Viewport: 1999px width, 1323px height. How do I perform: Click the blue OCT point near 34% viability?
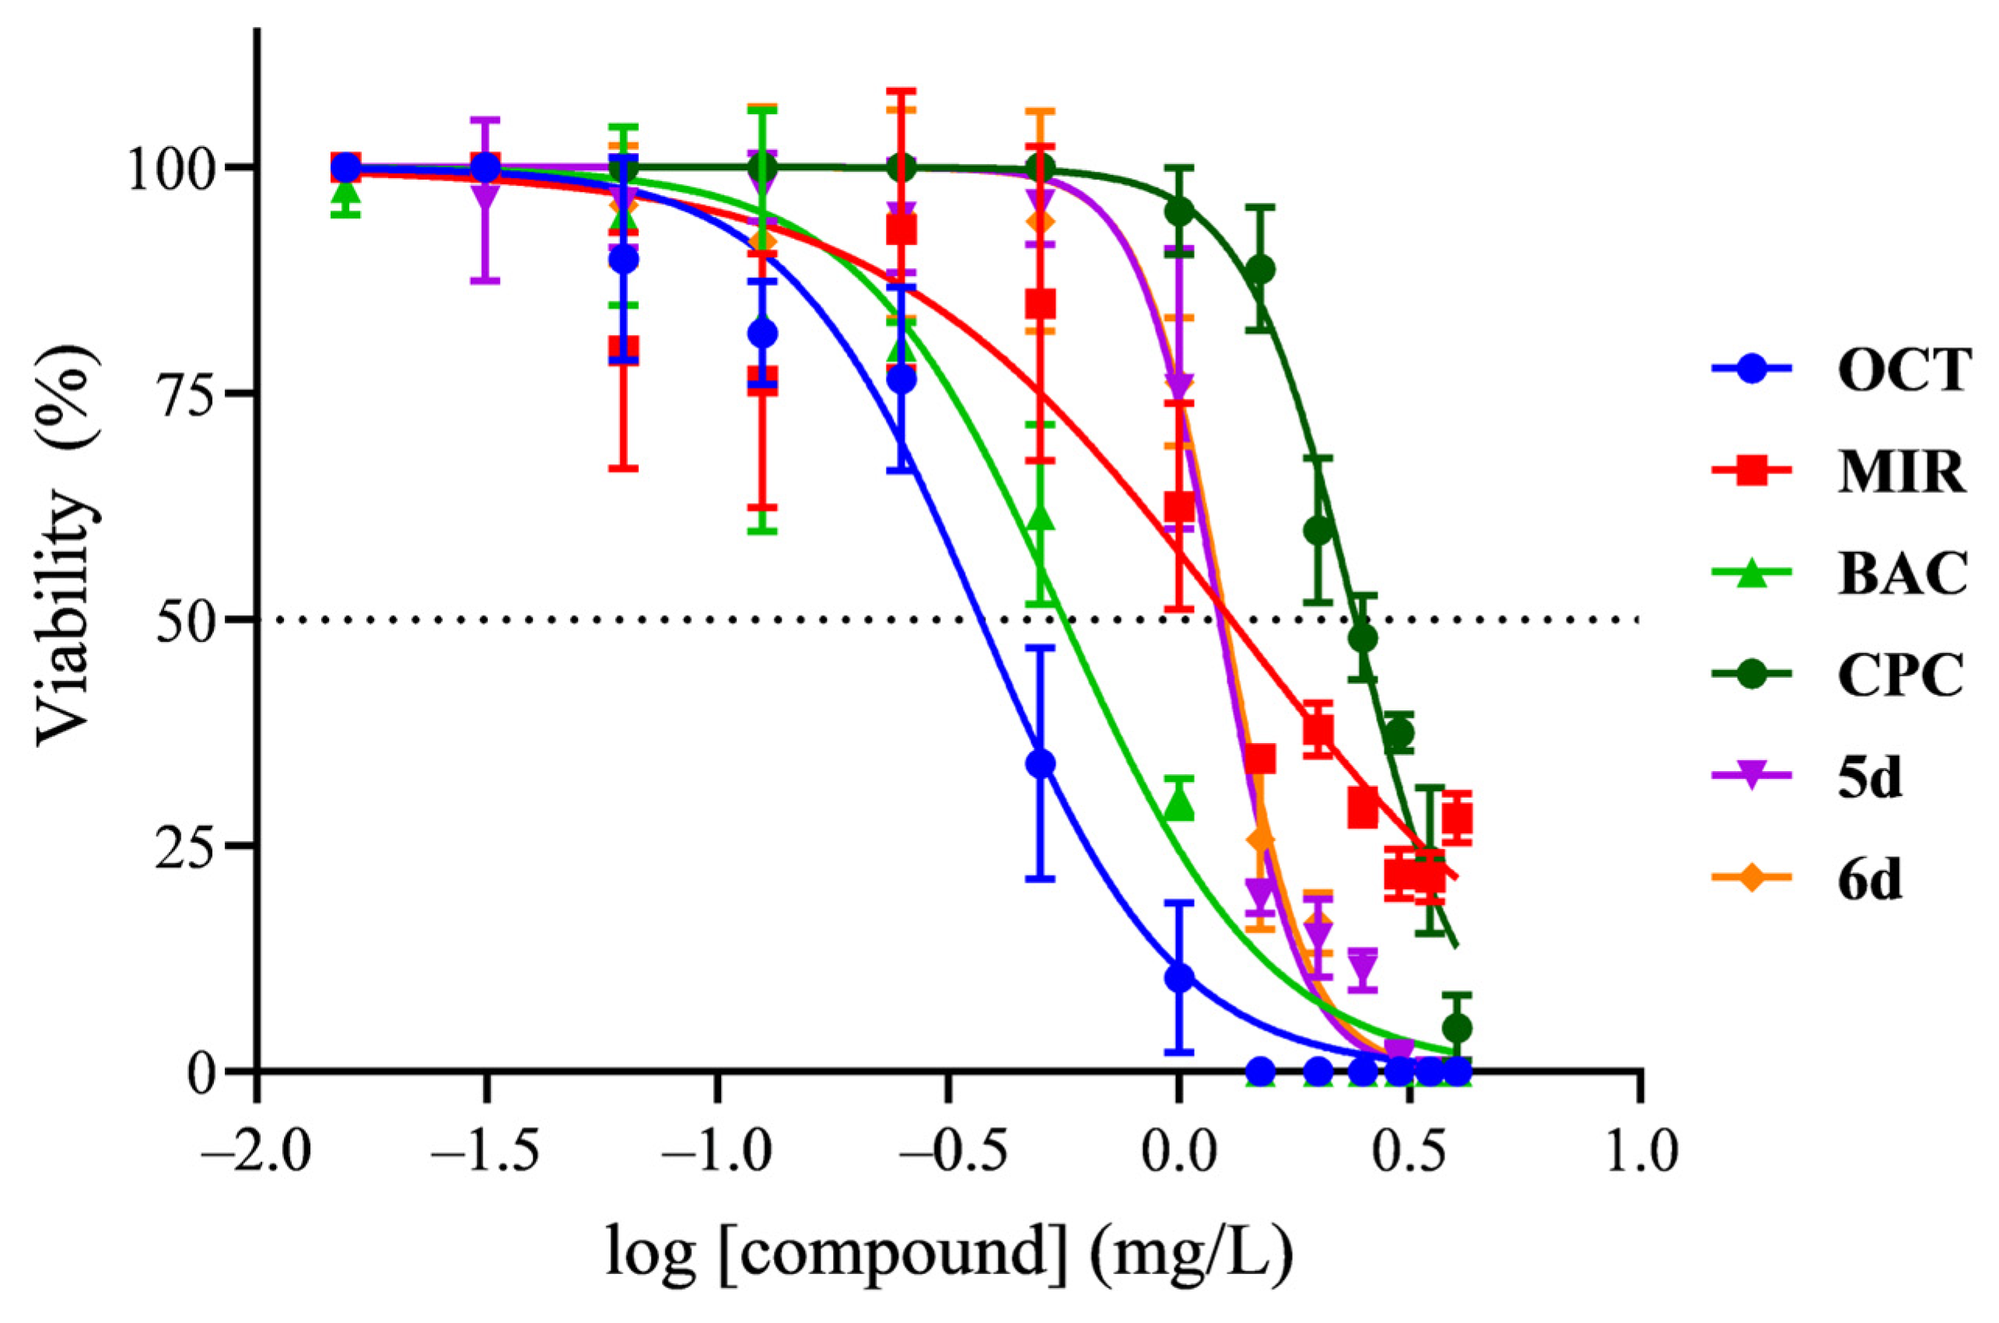(x=1041, y=763)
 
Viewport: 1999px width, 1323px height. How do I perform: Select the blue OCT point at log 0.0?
(x=1179, y=978)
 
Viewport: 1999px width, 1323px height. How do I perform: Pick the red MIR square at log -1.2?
(x=623, y=348)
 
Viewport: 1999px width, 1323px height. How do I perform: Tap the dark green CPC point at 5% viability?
(x=1458, y=1028)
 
